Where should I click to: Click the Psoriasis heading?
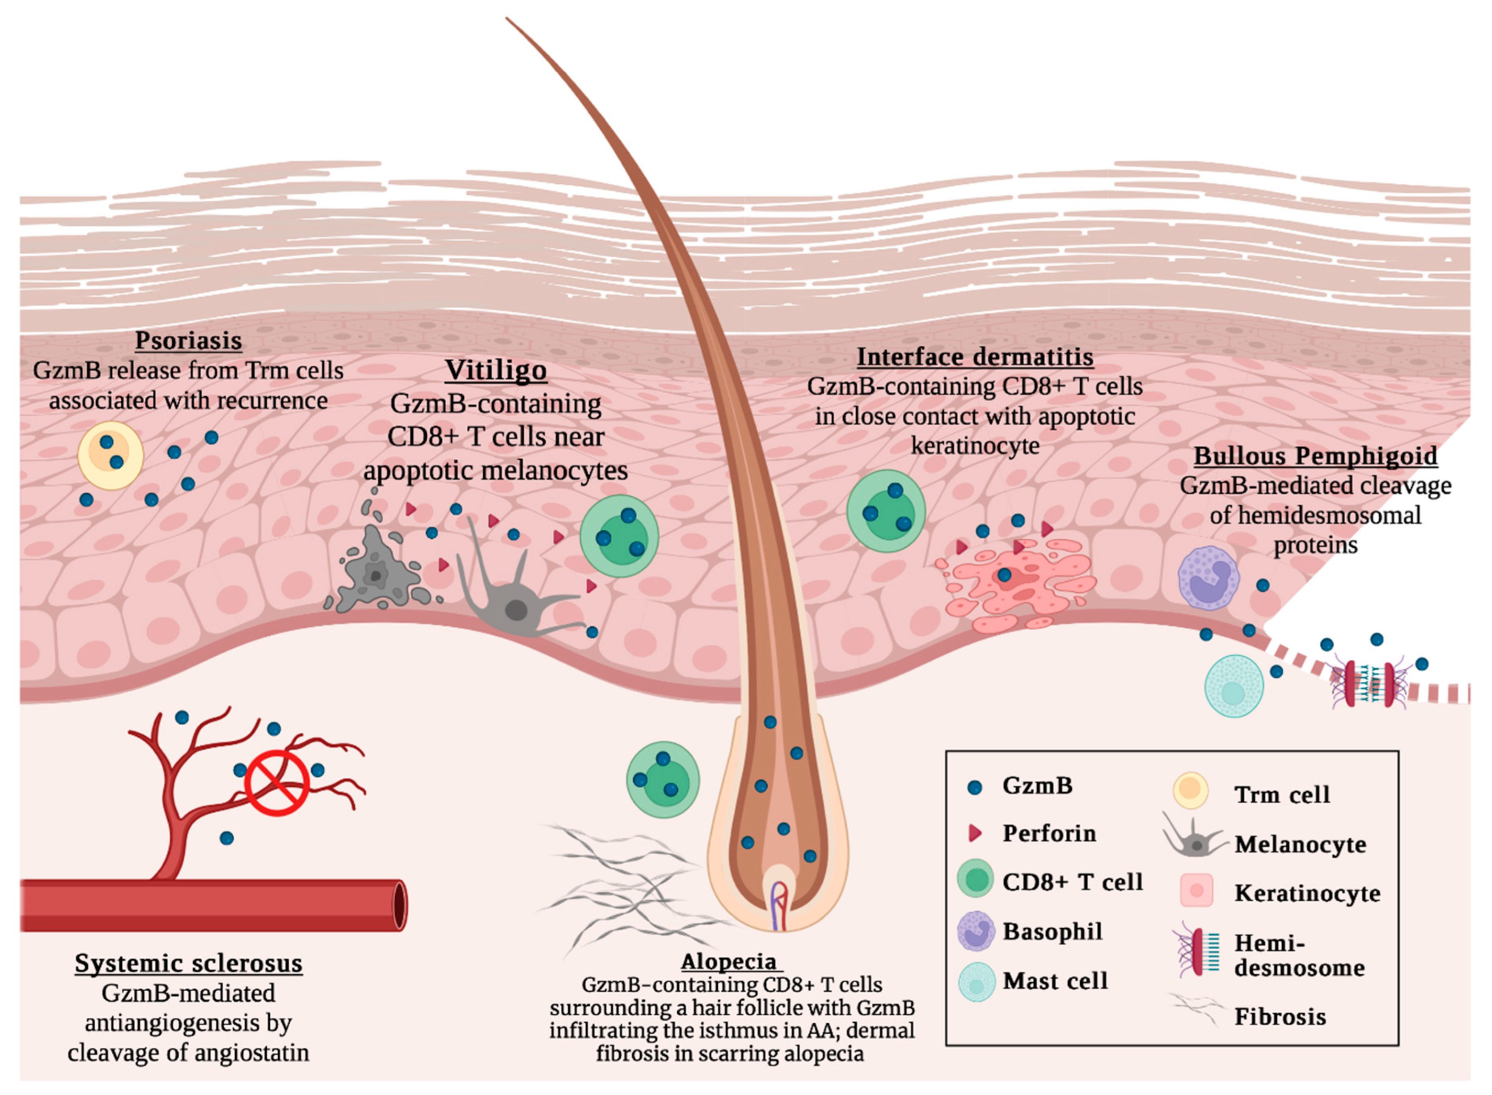[x=188, y=341]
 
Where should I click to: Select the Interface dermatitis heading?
[x=975, y=357]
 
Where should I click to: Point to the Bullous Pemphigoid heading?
[x=1315, y=456]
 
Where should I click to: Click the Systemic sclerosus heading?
[x=188, y=963]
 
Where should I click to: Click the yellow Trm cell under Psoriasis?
[x=111, y=455]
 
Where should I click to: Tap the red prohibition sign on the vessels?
[x=277, y=783]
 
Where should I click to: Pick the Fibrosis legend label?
[x=1280, y=1017]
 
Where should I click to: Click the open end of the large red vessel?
[x=400, y=905]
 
